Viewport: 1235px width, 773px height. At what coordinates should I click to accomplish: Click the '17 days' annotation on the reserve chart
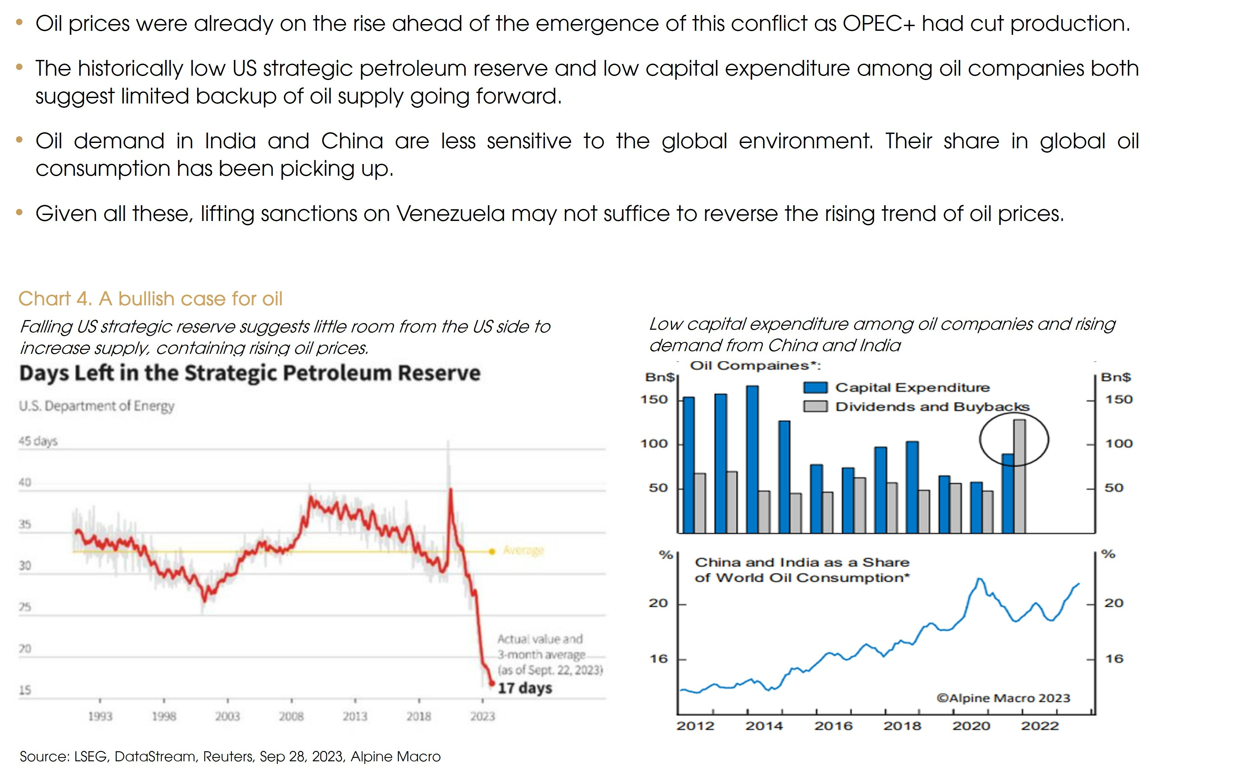[x=525, y=688]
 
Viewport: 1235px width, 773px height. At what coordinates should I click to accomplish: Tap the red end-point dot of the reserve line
[x=492, y=683]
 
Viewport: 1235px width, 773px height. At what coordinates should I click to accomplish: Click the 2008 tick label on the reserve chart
[x=291, y=716]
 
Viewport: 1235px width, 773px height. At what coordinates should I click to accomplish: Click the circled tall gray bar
[x=1019, y=475]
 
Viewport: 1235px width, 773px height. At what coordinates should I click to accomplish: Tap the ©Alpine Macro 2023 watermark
[x=1003, y=698]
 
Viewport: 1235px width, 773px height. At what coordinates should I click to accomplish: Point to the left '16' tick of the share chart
[x=659, y=659]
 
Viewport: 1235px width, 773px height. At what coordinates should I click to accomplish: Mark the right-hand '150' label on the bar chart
[x=1119, y=399]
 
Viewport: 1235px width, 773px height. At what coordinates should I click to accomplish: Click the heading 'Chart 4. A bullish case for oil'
[x=150, y=299]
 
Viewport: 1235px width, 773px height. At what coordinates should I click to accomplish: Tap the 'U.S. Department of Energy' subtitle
[x=97, y=406]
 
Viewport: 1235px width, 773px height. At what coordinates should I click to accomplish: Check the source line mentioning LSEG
[x=230, y=757]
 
